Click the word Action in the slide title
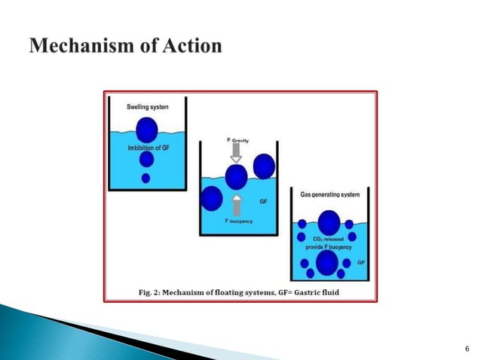coord(192,47)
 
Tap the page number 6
coord(468,348)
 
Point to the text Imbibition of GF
coord(147,148)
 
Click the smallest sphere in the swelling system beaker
coord(146,178)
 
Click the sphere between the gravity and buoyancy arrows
coord(236,177)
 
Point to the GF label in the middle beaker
coord(263,202)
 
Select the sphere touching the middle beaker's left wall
coord(212,199)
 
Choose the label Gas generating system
coord(330,194)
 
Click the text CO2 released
coord(329,239)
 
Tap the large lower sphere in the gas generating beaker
coord(327,263)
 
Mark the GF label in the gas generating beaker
coord(361,261)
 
